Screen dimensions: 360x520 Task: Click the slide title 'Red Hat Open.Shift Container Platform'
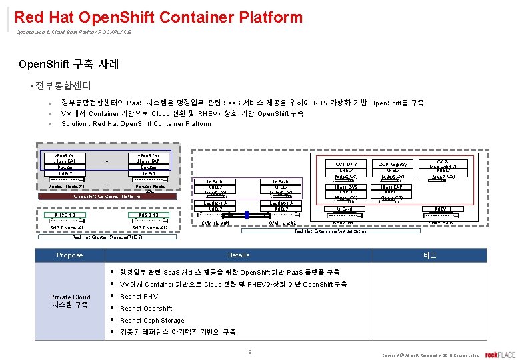pyautogui.click(x=158, y=17)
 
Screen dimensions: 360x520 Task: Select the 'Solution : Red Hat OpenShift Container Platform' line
pyautogui.click(x=136, y=124)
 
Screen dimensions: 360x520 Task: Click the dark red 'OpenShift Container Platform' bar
pyautogui.click(x=107, y=197)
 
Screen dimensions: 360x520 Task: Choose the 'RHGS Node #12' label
pyautogui.click(x=149, y=227)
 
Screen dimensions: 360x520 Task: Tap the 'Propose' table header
pyautogui.click(x=70, y=255)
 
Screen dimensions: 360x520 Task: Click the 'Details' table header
pyautogui.click(x=239, y=255)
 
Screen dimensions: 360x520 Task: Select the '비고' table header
pyautogui.click(x=429, y=255)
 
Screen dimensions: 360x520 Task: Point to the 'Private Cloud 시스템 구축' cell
pyautogui.click(x=70, y=301)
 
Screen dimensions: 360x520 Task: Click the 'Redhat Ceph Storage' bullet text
pyautogui.click(x=152, y=320)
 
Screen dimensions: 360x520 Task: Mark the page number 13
pyautogui.click(x=248, y=351)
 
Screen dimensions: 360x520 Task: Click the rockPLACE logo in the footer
pyautogui.click(x=500, y=354)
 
